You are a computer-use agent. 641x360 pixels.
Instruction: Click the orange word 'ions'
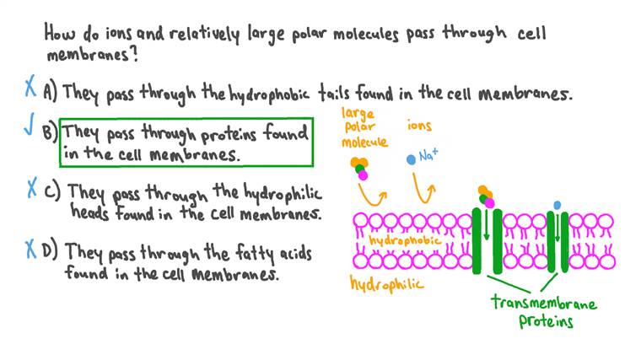[x=419, y=126]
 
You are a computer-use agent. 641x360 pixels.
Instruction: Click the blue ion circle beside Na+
[x=411, y=159]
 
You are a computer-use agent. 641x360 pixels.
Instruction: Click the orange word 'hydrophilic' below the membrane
[x=386, y=284]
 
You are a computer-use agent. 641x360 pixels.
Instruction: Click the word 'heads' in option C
[x=91, y=212]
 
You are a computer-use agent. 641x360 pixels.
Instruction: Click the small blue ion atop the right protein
[x=557, y=204]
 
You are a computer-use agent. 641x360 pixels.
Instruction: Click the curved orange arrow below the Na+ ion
[x=426, y=191]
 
